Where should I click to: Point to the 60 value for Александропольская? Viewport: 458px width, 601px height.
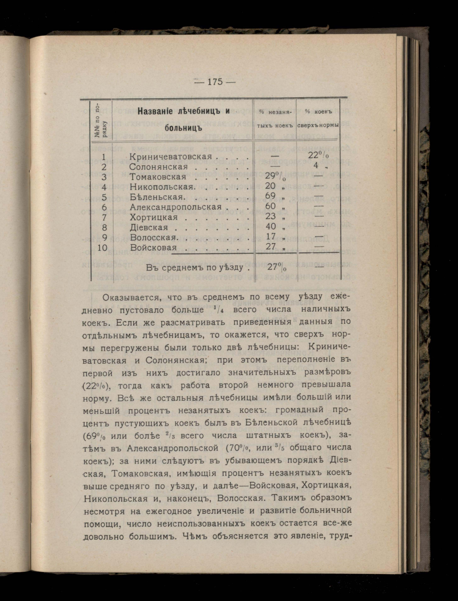click(x=271, y=206)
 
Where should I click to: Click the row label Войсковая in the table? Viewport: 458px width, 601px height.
click(x=153, y=248)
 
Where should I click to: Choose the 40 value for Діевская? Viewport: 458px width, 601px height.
click(x=271, y=227)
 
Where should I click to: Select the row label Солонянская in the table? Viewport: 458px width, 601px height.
click(x=158, y=167)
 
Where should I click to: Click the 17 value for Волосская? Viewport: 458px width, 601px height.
click(x=271, y=237)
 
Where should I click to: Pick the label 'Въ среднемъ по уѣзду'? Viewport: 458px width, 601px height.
click(x=194, y=267)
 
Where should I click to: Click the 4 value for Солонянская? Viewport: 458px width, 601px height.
click(x=316, y=166)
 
